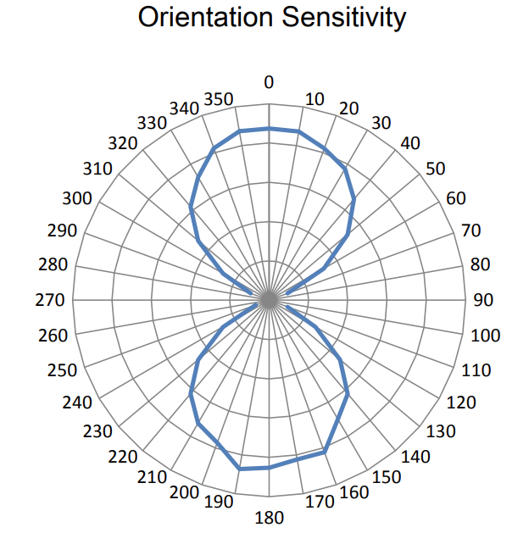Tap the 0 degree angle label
269,82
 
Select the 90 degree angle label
482,299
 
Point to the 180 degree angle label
269,517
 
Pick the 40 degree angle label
410,142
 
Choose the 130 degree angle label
441,431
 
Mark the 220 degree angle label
123,458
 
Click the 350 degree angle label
220,98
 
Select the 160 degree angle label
352,493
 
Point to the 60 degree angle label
456,198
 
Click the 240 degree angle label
77,401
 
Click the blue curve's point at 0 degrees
269,129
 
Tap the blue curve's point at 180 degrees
269,468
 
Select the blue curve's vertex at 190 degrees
239,469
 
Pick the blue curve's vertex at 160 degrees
325,453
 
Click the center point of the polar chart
269,299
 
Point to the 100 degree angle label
486,336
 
